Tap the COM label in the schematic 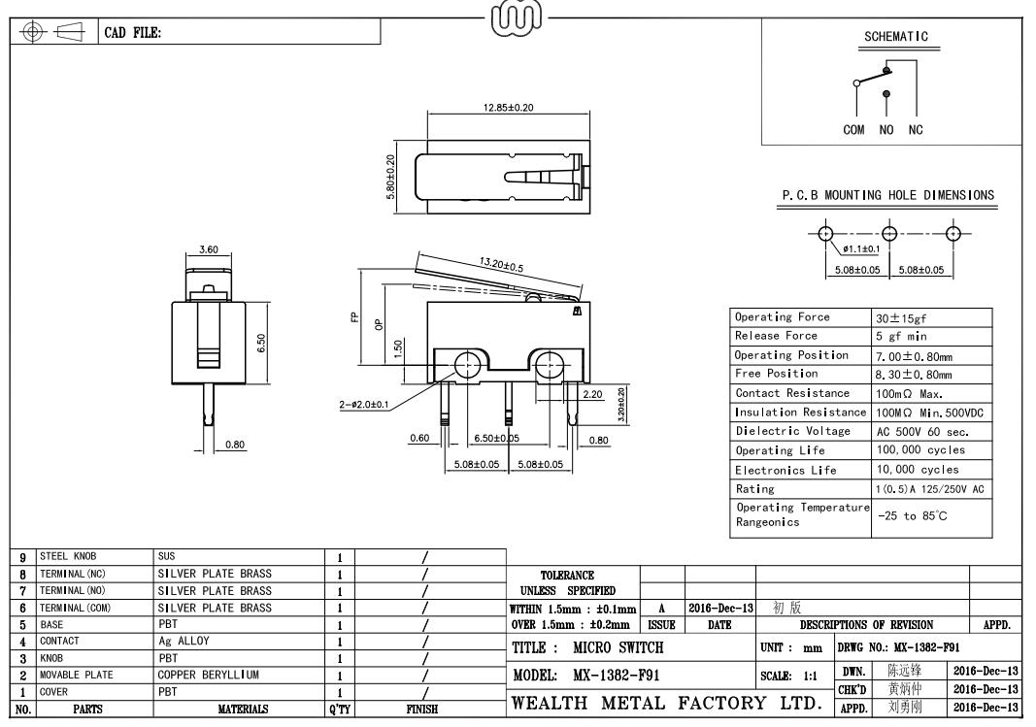click(x=853, y=129)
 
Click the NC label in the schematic click(x=916, y=129)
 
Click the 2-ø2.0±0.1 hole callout click(x=364, y=404)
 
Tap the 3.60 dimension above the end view click(x=208, y=249)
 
